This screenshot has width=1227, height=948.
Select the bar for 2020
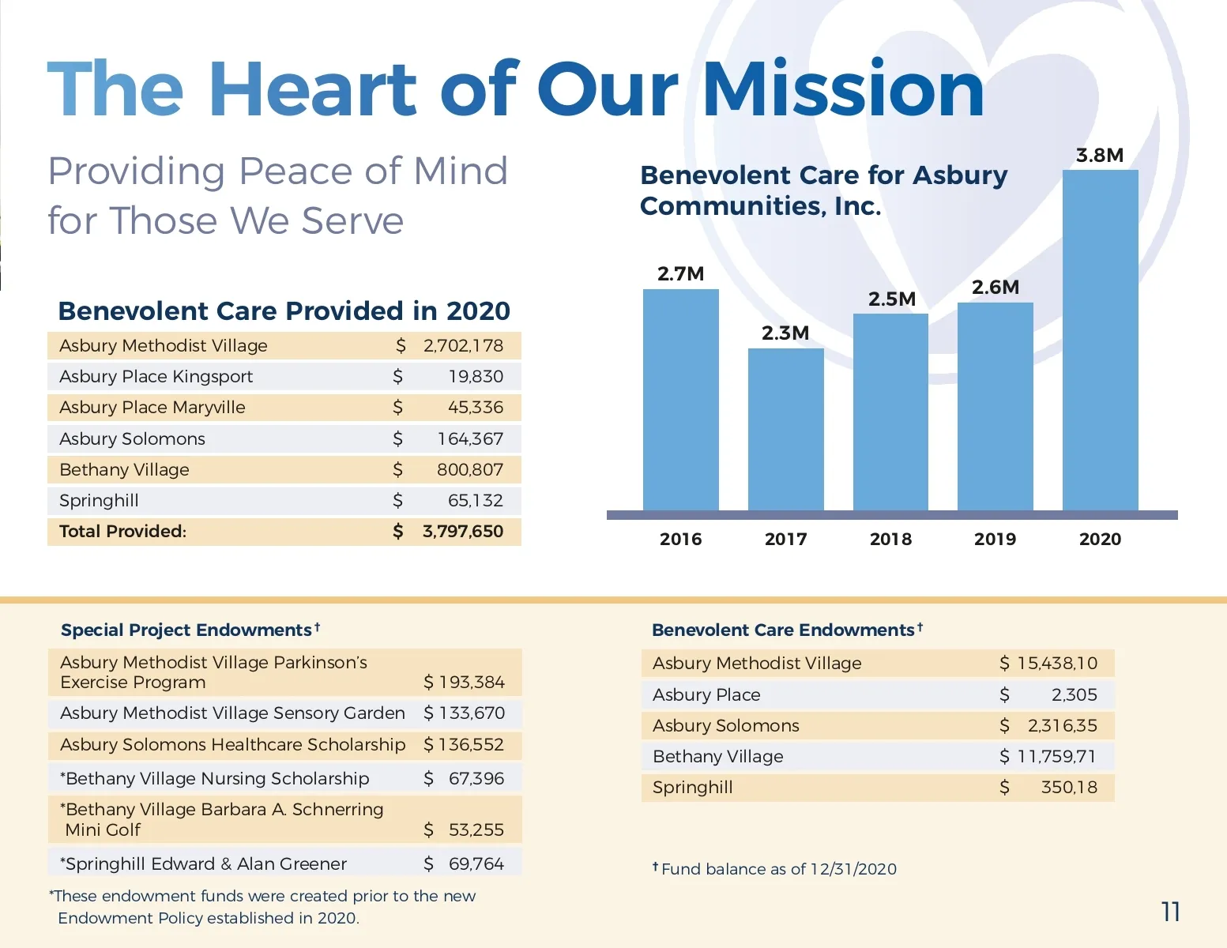1100,340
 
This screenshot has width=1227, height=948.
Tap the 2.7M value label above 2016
680,274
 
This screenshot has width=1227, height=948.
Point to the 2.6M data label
995,288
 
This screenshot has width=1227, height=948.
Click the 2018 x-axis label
890,539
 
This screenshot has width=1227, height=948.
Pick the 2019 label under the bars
995,539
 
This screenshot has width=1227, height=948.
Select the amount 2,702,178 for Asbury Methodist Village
463,346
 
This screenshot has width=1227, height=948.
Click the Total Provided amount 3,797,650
462,532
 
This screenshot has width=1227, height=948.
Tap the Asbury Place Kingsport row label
156,377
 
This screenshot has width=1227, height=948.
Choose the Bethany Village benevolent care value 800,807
469,470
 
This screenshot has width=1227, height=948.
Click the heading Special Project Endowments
186,630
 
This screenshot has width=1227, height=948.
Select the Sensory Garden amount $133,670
464,713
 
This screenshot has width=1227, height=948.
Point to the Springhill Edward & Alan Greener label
204,864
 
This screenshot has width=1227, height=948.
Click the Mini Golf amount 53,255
476,829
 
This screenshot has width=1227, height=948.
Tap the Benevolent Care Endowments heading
783,630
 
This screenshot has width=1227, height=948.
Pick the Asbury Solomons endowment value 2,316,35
1062,726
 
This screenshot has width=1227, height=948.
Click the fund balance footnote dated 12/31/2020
778,869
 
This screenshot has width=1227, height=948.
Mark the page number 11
1170,912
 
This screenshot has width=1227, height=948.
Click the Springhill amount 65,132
475,501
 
